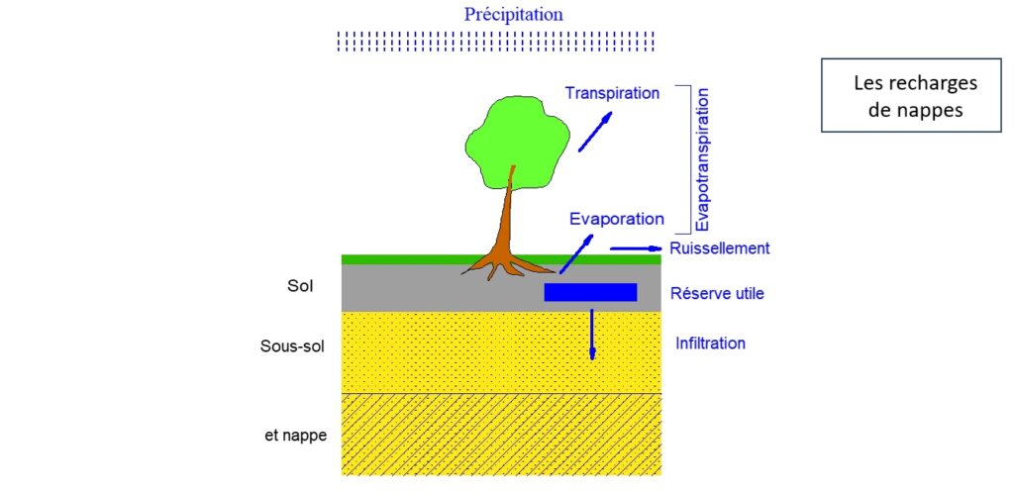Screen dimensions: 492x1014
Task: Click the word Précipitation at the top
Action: (x=514, y=15)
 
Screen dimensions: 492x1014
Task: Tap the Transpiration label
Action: (x=612, y=93)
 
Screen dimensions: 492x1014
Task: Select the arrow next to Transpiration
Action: (x=595, y=132)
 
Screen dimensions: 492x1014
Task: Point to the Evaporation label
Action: (x=616, y=219)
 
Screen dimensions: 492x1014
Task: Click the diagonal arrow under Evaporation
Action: (x=576, y=253)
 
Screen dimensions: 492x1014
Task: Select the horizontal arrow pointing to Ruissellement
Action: (x=635, y=247)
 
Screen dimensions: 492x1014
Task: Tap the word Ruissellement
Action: (x=719, y=248)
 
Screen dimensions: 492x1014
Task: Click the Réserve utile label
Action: (x=717, y=293)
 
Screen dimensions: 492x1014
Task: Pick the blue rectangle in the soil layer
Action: (x=590, y=292)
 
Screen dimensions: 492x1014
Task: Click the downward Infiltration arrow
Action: (x=592, y=334)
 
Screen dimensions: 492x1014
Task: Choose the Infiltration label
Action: (x=710, y=344)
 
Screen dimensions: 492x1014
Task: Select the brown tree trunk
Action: (x=508, y=223)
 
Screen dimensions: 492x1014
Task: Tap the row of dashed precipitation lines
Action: (x=495, y=41)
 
